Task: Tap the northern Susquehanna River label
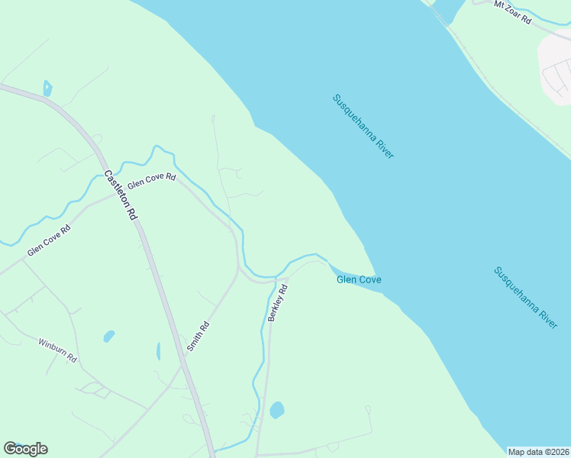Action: click(x=363, y=127)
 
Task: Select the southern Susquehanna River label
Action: click(x=526, y=298)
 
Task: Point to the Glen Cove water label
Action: click(x=359, y=280)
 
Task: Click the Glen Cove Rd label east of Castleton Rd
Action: click(x=152, y=182)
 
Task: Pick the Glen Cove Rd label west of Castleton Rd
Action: click(x=49, y=240)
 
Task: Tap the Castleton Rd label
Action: click(x=120, y=195)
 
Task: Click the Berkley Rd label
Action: click(x=277, y=302)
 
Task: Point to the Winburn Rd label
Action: click(x=58, y=350)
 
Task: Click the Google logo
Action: click(x=25, y=449)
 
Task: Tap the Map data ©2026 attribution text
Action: click(x=538, y=451)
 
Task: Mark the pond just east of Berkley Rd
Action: click(x=277, y=410)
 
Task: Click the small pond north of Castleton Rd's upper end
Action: click(x=47, y=89)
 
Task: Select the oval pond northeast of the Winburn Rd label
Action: click(x=109, y=336)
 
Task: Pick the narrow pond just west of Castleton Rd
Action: click(x=159, y=351)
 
